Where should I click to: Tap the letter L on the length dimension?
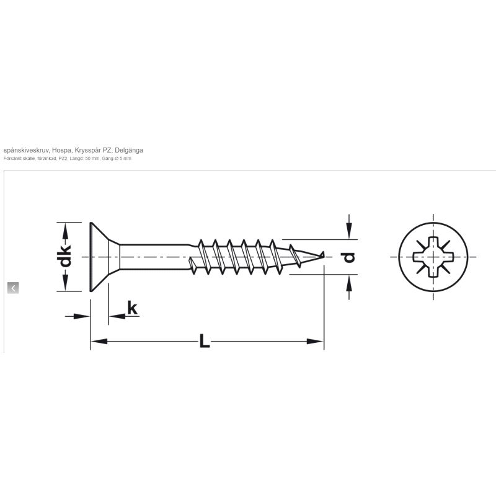(x=205, y=342)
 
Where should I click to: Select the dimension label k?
(x=132, y=308)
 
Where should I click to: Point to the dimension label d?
(x=349, y=257)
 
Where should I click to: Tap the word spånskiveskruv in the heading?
(x=26, y=150)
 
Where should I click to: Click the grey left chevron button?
(x=13, y=288)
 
